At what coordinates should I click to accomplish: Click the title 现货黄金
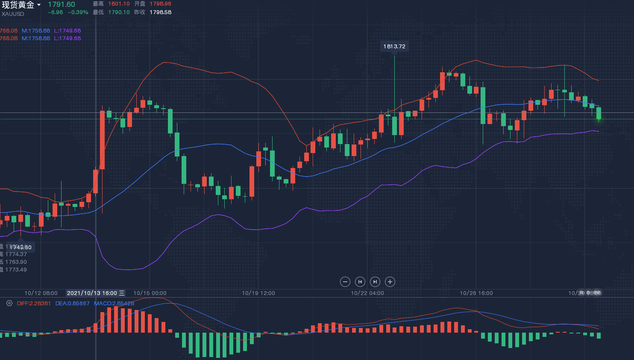pyautogui.click(x=18, y=5)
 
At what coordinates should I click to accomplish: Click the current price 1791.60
pyautogui.click(x=62, y=5)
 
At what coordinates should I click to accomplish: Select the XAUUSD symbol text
pyautogui.click(x=13, y=14)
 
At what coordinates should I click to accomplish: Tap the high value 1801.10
pyautogui.click(x=119, y=4)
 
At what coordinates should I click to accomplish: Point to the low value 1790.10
pyautogui.click(x=119, y=12)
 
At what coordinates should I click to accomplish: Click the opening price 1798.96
pyautogui.click(x=160, y=4)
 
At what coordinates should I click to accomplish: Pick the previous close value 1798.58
pyautogui.click(x=160, y=12)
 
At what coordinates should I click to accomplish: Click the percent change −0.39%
pyautogui.click(x=78, y=12)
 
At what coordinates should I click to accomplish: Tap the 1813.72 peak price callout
pyautogui.click(x=394, y=46)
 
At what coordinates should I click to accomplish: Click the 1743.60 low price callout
pyautogui.click(x=21, y=247)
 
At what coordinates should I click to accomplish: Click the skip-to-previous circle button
pyautogui.click(x=360, y=282)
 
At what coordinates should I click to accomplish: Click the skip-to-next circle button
pyautogui.click(x=375, y=282)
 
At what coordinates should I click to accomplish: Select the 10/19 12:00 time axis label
pyautogui.click(x=258, y=293)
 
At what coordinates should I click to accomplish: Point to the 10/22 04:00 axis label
pyautogui.click(x=367, y=293)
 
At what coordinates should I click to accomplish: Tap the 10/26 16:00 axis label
pyautogui.click(x=476, y=293)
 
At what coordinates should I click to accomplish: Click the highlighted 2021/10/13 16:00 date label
pyautogui.click(x=92, y=293)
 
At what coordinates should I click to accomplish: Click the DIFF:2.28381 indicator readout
pyautogui.click(x=34, y=304)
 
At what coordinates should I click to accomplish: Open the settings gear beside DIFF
pyautogui.click(x=9, y=303)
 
